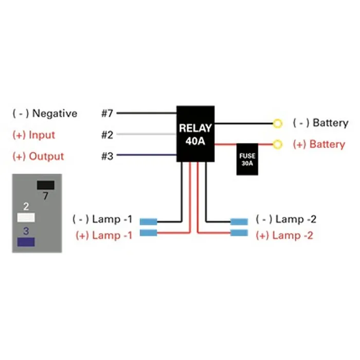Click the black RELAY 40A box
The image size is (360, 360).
(196, 134)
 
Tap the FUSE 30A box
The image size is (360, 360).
(247, 159)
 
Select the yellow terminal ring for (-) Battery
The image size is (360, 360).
(278, 123)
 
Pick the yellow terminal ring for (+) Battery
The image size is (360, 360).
(278, 144)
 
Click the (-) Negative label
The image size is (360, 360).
(45, 113)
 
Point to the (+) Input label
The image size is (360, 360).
(33, 135)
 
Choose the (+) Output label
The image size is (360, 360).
(38, 156)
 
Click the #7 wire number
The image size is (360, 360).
(107, 113)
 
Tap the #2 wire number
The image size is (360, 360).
(107, 135)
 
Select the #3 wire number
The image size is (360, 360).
(107, 156)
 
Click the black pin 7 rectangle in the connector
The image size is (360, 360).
(46, 185)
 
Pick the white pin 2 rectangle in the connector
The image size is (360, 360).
(26, 217)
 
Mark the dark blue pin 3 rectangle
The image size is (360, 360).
(26, 242)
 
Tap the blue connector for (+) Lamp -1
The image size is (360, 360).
(148, 233)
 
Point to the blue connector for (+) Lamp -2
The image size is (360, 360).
(239, 233)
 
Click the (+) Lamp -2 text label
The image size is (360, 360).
(284, 236)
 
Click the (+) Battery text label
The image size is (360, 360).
(319, 144)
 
